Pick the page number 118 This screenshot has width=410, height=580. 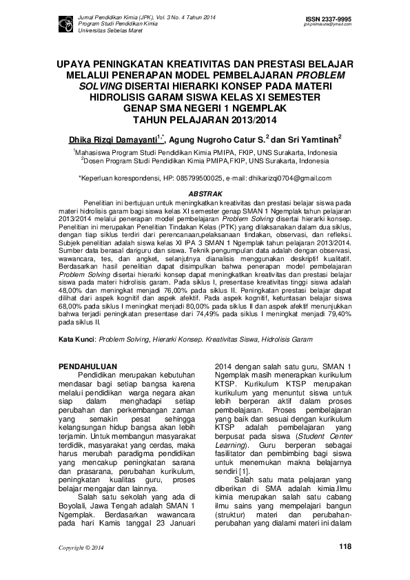click(x=345, y=546)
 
